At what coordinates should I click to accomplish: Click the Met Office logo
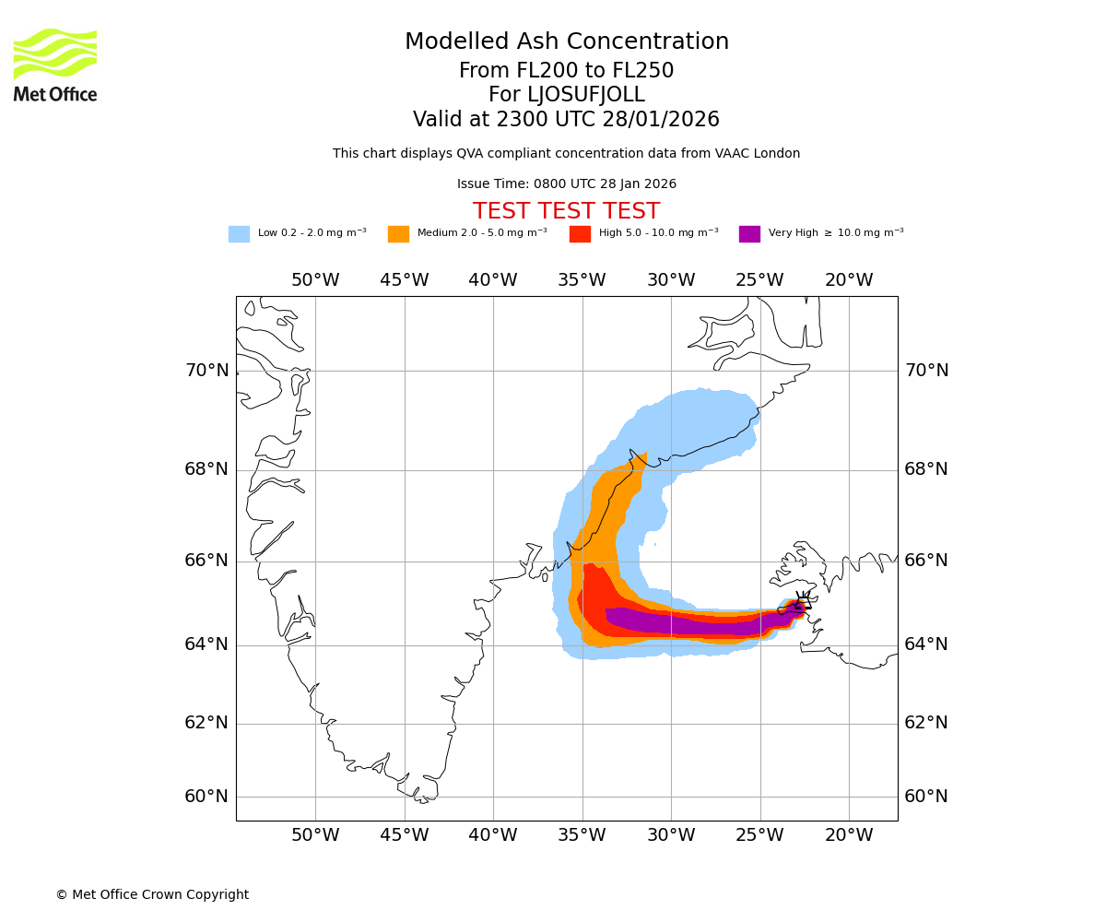coord(55,65)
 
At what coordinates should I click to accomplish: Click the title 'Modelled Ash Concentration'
coord(567,42)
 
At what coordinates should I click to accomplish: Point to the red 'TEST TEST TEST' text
coord(566,212)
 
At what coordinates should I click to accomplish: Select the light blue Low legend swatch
coord(239,234)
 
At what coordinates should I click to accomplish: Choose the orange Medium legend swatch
coord(398,234)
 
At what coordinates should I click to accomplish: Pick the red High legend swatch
coord(580,234)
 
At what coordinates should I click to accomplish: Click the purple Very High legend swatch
coord(749,234)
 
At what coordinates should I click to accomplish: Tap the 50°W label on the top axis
coord(315,280)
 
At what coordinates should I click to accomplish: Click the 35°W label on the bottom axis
coord(582,835)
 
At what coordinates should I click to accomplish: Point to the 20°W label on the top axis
coord(849,280)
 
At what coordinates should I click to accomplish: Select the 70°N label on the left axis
coord(206,371)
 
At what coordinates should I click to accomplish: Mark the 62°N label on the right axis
coord(926,723)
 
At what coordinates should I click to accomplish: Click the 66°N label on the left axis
coord(206,561)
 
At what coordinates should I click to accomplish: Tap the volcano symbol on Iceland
coord(802,604)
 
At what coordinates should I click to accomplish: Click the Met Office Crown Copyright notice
coord(152,895)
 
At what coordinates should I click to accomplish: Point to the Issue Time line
coord(566,184)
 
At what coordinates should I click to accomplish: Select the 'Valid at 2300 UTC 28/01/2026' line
coord(566,120)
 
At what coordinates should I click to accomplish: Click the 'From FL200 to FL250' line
coord(566,71)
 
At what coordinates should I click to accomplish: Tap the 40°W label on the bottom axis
coord(493,835)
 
